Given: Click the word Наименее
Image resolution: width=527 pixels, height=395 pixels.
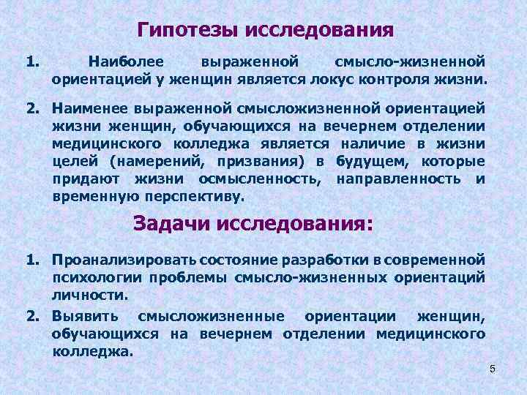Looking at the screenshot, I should (x=89, y=108).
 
